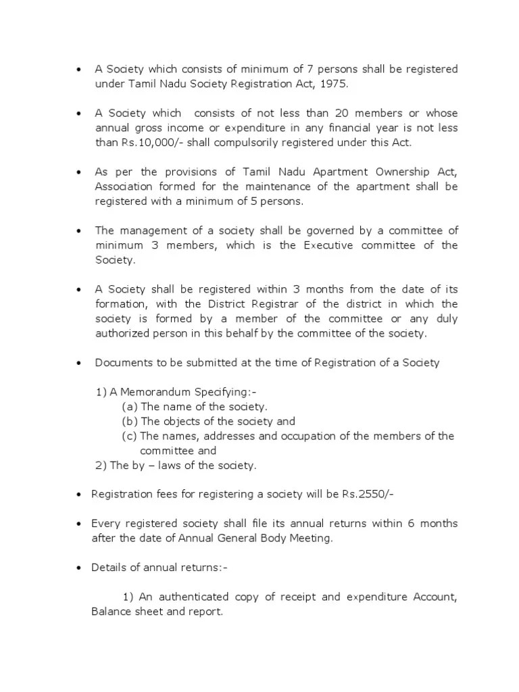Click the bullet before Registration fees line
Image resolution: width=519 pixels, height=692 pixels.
pos(79,495)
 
